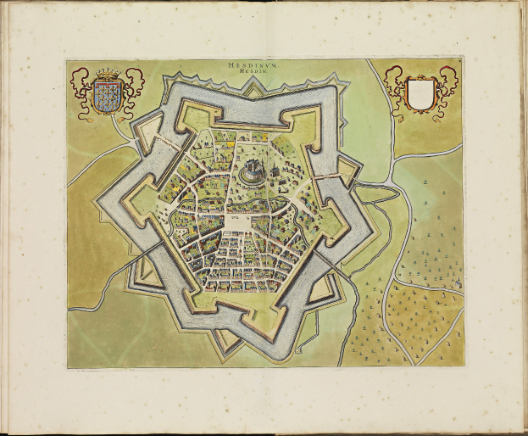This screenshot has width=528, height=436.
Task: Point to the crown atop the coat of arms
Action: point(106,74)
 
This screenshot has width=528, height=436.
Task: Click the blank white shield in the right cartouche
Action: point(420,93)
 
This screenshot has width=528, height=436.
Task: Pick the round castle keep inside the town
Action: point(253,172)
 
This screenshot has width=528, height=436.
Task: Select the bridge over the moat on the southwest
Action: point(158,247)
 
